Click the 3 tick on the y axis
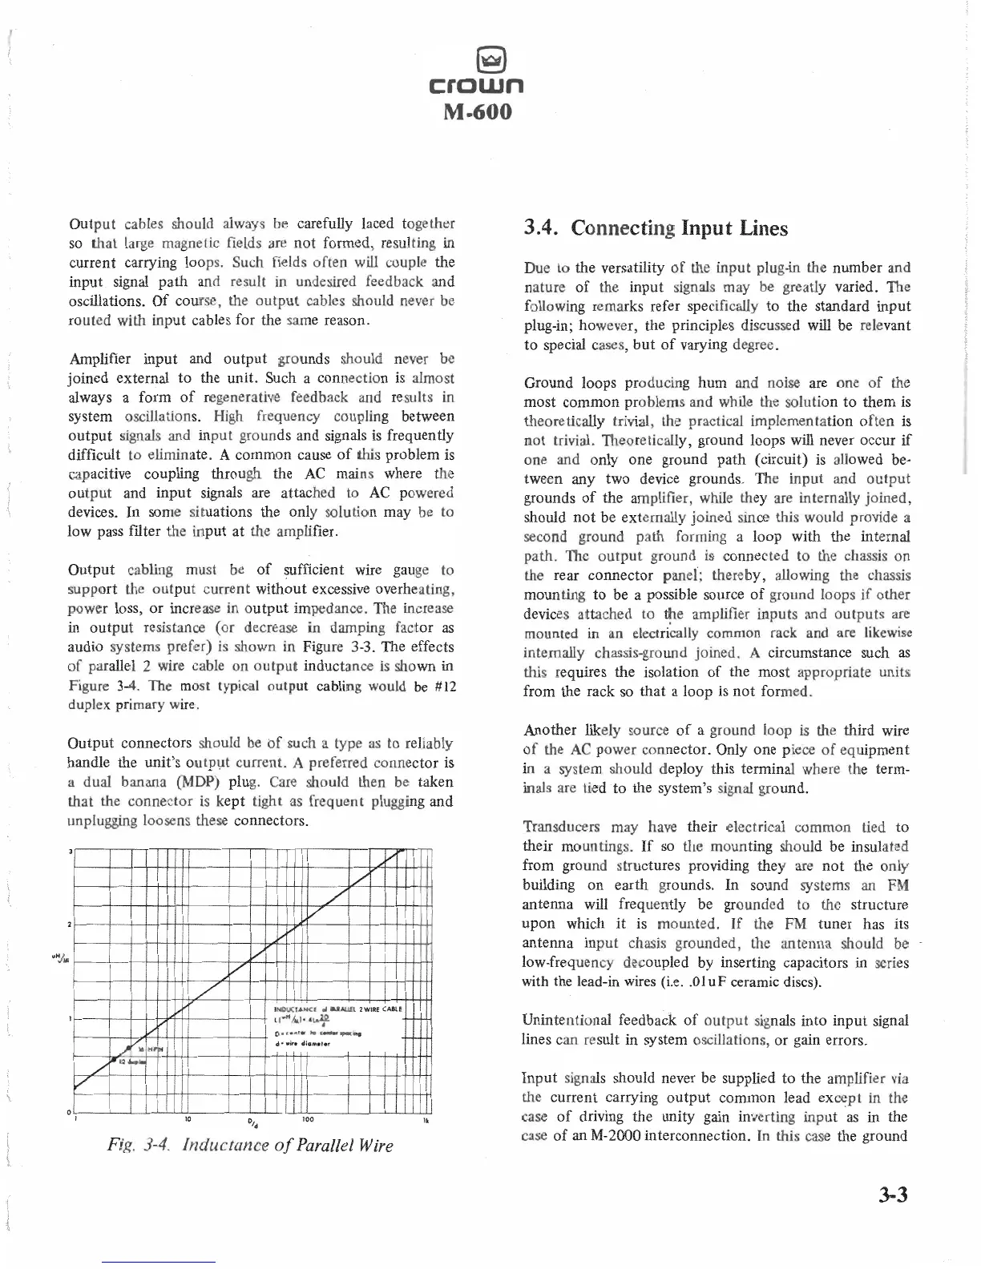coord(70,851)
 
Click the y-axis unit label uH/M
coord(58,965)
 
